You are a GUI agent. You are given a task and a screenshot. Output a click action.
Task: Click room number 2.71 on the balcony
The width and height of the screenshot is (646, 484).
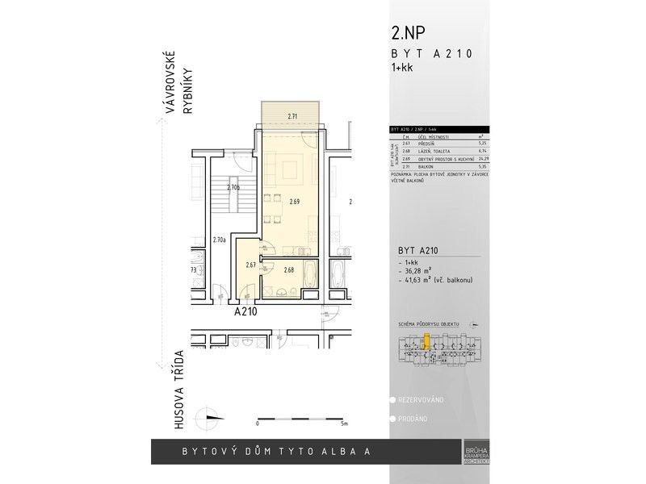pos(293,117)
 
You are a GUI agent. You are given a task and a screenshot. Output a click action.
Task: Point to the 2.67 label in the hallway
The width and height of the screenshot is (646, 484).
pos(251,265)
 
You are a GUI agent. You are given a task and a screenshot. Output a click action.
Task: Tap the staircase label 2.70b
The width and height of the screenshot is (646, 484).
pos(233,188)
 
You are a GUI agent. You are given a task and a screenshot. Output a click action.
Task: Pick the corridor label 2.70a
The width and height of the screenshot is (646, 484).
pos(218,240)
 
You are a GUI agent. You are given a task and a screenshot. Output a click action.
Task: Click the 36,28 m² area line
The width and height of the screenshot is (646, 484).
pos(419,272)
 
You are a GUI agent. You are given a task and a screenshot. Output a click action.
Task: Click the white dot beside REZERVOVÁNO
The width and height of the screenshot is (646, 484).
pos(392,400)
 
